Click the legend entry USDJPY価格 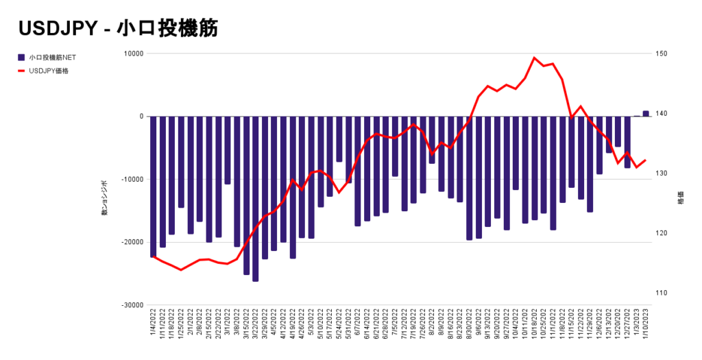click(x=49, y=70)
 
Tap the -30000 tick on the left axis click(x=131, y=305)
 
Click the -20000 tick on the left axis click(x=131, y=242)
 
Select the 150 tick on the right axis click(x=660, y=53)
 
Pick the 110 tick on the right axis click(x=660, y=293)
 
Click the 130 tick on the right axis click(x=660, y=173)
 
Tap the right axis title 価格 click(x=681, y=199)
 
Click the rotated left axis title click(x=105, y=204)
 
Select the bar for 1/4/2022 click(x=154, y=187)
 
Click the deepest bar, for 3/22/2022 click(x=256, y=199)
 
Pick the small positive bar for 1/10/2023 click(x=646, y=114)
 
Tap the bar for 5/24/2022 click(x=339, y=139)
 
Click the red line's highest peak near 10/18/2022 click(x=535, y=58)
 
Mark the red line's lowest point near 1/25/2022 click(x=181, y=270)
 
